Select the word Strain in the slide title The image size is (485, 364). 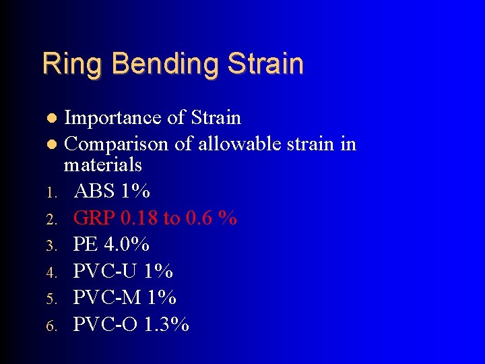[265, 63]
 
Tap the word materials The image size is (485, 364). [102, 164]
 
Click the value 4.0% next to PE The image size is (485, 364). [128, 244]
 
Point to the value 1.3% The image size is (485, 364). [167, 324]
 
